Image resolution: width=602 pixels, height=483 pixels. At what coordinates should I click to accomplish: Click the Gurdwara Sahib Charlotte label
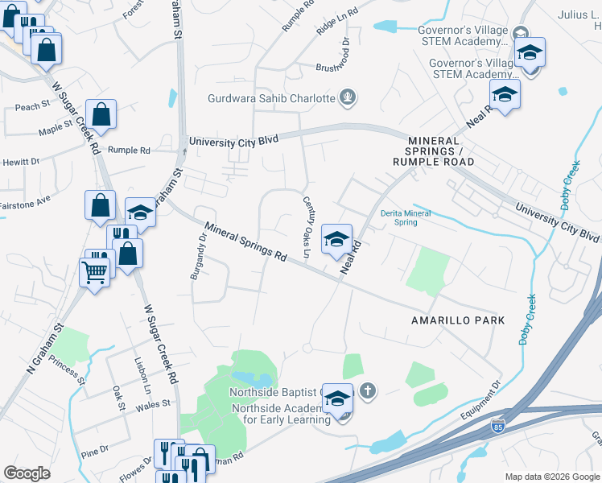click(271, 98)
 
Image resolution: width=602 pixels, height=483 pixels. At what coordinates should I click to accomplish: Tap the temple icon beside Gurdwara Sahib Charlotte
click(348, 98)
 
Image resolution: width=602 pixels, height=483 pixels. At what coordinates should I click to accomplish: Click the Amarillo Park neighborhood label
click(458, 320)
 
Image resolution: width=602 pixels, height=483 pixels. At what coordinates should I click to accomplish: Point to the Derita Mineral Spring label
click(406, 217)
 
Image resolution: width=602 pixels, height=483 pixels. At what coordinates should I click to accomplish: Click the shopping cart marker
click(95, 275)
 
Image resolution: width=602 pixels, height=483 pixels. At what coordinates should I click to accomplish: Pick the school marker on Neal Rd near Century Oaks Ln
click(337, 238)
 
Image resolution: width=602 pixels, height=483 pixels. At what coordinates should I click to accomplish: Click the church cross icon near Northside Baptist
click(367, 391)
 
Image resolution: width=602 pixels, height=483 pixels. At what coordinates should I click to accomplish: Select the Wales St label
click(156, 404)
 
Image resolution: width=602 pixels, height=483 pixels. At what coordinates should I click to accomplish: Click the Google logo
click(27, 473)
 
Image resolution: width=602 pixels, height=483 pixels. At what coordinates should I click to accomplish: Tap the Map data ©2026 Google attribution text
click(552, 477)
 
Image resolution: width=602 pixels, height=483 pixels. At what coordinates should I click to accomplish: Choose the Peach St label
click(32, 106)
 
